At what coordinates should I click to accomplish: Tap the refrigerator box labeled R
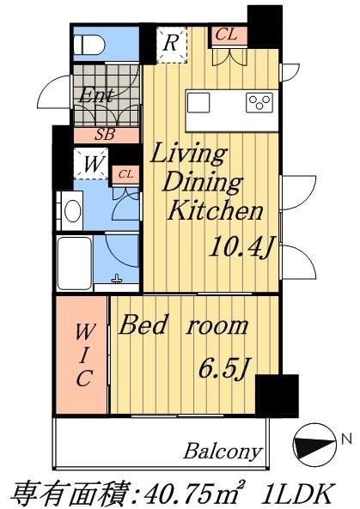pos(172,44)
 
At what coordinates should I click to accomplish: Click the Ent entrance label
pos(97,96)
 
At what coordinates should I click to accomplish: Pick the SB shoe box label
pos(105,135)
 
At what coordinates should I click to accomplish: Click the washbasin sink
pos(70,208)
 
